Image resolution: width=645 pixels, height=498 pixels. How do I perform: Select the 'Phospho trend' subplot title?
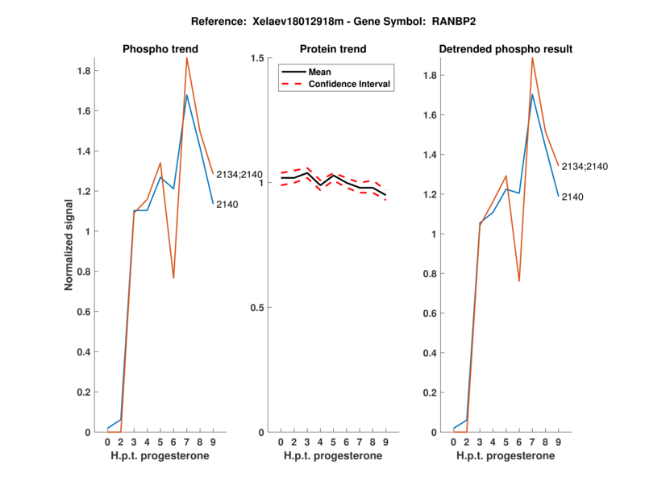pos(160,49)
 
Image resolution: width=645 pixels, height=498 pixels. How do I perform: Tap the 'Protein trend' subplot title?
pos(332,49)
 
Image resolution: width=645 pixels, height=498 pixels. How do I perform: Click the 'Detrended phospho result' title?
pos(506,49)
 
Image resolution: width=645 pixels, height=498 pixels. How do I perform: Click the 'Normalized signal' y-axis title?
pos(69,244)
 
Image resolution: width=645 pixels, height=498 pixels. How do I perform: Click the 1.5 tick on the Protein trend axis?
pos(259,58)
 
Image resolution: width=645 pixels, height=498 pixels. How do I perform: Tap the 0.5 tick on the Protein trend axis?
pos(259,308)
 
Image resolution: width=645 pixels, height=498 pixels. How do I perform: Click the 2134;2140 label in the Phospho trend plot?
pos(239,175)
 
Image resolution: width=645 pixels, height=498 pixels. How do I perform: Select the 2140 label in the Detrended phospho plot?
pos(572,197)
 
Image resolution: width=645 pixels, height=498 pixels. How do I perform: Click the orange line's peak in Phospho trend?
pos(187,57)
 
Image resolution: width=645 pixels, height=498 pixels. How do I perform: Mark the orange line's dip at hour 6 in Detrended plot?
pos(519,281)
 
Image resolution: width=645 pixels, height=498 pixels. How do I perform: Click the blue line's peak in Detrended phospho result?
pos(532,94)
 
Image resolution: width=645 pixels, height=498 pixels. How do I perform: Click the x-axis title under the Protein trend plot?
pos(332,455)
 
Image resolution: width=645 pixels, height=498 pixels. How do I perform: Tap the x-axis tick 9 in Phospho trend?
pos(213,442)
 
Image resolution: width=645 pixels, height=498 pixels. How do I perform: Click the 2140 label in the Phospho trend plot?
pos(227,204)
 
